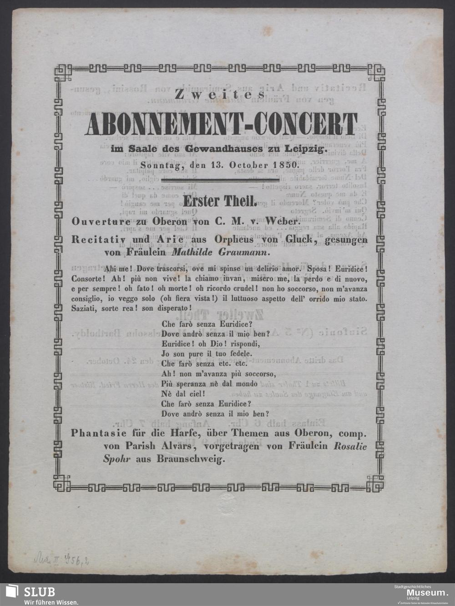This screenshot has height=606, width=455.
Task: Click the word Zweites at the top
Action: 221,94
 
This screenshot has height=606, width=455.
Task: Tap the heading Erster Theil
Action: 220,201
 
